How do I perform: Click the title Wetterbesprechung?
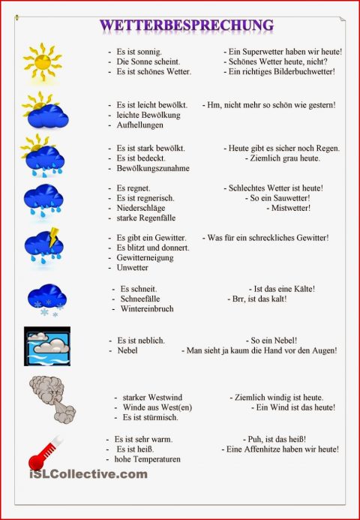click(186, 26)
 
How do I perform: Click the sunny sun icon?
click(43, 61)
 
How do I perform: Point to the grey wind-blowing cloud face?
click(50, 394)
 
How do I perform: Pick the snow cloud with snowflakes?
click(46, 297)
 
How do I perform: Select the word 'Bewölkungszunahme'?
click(153, 169)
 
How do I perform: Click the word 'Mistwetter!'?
click(290, 208)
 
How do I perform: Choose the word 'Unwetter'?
click(133, 268)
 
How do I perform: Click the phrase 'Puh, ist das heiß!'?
click(274, 438)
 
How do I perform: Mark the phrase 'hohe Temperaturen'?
click(148, 459)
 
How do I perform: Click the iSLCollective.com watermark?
click(88, 474)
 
